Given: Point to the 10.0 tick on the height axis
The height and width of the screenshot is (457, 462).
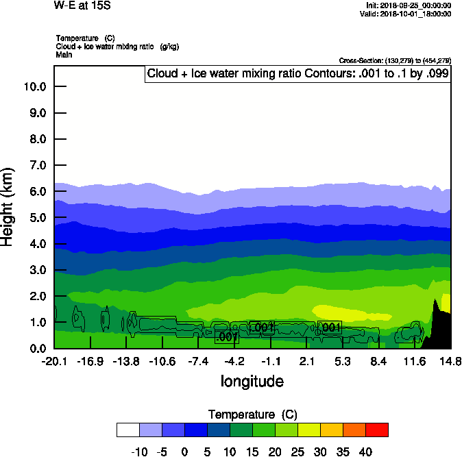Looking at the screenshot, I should (x=34, y=86).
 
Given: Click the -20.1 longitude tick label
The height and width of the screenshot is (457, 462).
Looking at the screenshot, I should (x=54, y=361).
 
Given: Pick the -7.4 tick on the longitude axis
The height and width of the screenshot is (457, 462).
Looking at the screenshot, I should (x=198, y=361).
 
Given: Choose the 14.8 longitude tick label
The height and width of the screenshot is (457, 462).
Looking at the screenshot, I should (x=450, y=361).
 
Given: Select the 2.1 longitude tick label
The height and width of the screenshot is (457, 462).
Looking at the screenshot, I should (x=306, y=361).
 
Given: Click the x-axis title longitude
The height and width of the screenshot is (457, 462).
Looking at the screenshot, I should (x=252, y=381).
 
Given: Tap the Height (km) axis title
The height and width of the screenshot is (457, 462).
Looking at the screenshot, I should (x=8, y=207).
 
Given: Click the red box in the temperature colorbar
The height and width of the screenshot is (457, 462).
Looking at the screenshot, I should (x=376, y=430).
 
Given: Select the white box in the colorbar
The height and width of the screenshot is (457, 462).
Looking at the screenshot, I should (x=127, y=430).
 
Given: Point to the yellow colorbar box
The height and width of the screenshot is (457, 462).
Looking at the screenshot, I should (x=308, y=430).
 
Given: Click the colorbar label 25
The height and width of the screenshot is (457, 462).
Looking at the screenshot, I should (x=297, y=452).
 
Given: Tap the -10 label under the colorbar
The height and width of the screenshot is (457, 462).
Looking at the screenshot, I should (x=139, y=452).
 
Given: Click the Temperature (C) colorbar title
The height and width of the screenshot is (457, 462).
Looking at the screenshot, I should (x=252, y=415).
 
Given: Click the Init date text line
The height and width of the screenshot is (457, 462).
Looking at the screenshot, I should (x=409, y=5).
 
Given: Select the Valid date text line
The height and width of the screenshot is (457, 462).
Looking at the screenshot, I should (x=408, y=14).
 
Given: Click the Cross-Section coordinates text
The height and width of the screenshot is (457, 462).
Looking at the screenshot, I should (x=395, y=60).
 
